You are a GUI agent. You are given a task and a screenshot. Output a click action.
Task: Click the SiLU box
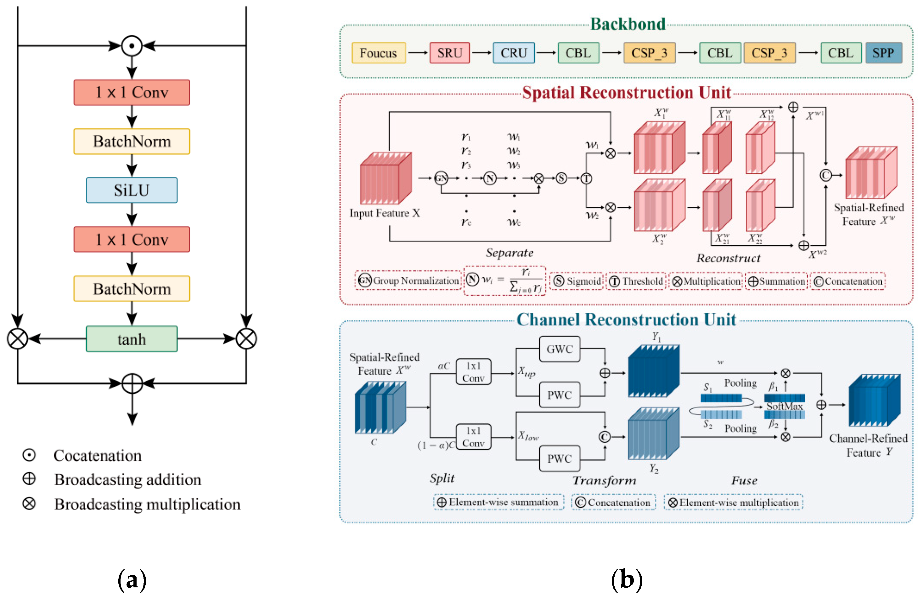point(132,190)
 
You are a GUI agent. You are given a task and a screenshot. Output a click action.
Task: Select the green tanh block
point(132,339)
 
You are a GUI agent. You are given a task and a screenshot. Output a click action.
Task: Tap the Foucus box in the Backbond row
point(378,53)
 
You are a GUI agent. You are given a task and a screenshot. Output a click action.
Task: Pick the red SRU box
point(449,53)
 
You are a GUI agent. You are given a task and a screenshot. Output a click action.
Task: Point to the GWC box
point(559,349)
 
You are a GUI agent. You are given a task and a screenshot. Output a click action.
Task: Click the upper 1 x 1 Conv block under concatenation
point(132,92)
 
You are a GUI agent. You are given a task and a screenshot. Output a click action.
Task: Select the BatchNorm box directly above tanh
point(132,289)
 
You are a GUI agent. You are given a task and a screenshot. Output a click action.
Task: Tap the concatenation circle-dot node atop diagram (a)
point(132,46)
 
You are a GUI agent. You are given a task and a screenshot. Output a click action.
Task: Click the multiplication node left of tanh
point(17,339)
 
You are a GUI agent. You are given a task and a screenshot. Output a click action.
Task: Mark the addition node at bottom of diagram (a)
point(132,383)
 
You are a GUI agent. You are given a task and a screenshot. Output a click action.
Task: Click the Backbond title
point(628,24)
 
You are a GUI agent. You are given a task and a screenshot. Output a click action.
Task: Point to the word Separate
point(509,253)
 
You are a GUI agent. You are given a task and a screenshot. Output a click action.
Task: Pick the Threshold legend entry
point(636,281)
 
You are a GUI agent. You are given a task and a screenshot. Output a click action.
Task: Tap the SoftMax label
point(784,406)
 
